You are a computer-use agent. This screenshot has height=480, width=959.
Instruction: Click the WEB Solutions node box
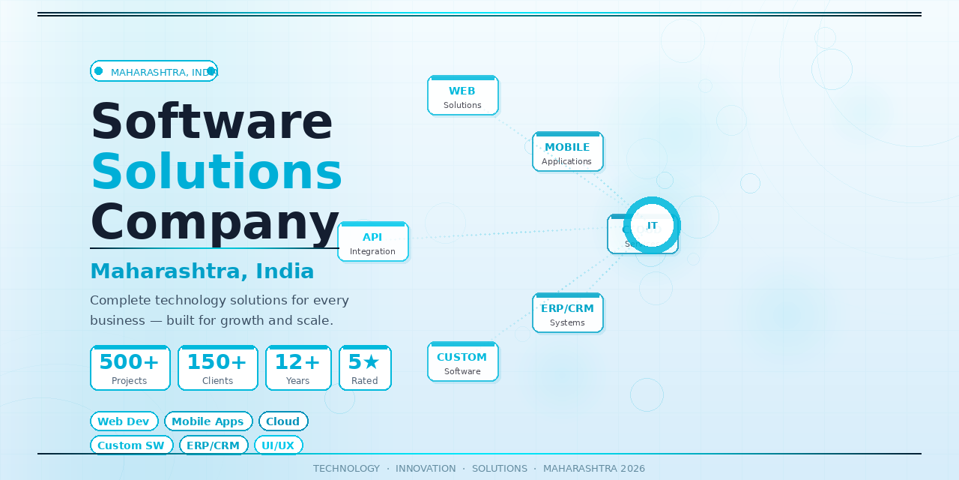point(463,96)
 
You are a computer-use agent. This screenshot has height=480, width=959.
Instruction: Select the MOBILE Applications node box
point(568,152)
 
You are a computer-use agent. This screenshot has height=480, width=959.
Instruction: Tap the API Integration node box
point(373,242)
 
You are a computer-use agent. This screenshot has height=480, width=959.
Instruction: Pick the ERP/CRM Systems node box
point(568,313)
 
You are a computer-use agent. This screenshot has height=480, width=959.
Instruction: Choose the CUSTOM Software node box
point(463,362)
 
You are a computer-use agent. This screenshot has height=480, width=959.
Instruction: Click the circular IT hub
point(652,225)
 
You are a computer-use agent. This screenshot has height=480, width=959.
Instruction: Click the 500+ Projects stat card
point(130,368)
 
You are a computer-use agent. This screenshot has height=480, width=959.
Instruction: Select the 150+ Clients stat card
point(218,368)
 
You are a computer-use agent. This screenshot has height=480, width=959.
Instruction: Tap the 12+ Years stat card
point(298,368)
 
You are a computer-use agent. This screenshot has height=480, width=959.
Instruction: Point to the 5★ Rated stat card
point(365,368)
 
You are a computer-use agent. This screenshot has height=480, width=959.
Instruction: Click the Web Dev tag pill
point(124,421)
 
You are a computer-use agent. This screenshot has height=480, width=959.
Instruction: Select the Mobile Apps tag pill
point(208,421)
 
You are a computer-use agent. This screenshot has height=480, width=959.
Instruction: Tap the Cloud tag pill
point(283,421)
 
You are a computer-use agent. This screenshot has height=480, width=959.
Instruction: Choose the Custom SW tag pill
point(131,445)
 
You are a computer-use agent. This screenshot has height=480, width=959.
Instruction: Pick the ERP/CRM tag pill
point(214,445)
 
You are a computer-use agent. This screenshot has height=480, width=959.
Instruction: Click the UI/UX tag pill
point(278,445)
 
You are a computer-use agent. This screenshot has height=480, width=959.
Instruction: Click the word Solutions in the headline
point(217,172)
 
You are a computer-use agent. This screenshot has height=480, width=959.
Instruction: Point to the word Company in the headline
point(215,223)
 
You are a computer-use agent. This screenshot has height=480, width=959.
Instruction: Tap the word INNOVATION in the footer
point(426,469)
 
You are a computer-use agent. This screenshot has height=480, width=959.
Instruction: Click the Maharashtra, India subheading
point(202,271)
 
